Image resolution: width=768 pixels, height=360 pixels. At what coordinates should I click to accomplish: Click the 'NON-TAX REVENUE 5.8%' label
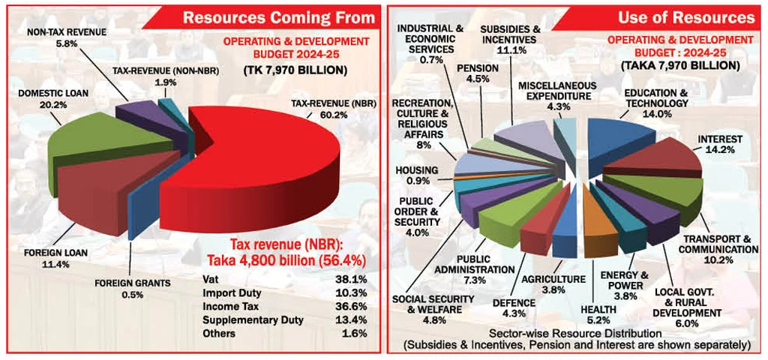(66, 38)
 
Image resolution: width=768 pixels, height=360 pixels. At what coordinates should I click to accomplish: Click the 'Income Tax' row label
(229, 305)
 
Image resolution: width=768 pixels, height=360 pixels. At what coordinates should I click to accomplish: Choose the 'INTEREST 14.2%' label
(720, 145)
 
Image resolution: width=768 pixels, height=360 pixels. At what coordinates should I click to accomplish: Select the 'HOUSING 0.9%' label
(416, 175)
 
